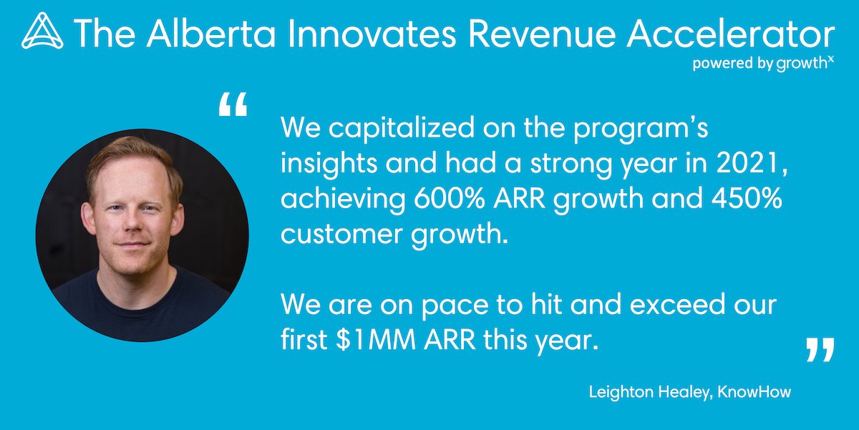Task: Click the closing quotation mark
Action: pyautogui.click(x=820, y=351)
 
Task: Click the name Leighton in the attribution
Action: pyautogui.click(x=618, y=392)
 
